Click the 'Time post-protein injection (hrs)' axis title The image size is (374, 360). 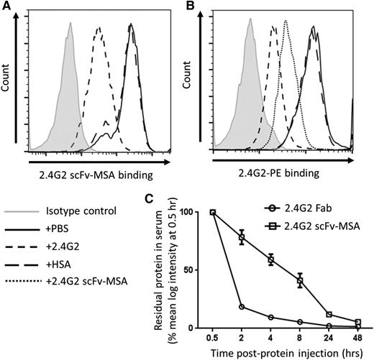pos(280,353)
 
